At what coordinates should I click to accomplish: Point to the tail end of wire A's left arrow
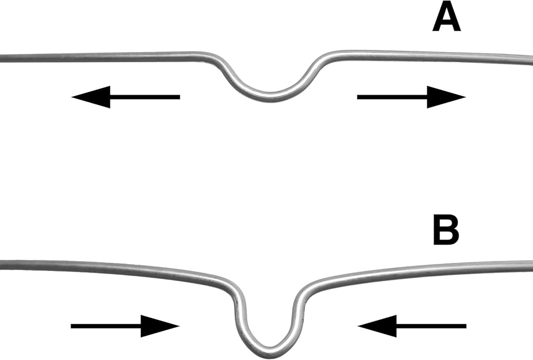tap(180, 97)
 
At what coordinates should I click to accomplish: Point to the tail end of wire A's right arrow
tap(358, 97)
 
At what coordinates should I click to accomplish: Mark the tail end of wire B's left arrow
tap(71, 326)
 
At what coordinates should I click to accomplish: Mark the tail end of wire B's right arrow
tap(466, 326)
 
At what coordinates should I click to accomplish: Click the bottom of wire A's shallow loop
tap(271, 97)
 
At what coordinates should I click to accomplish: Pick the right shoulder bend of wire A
tap(328, 56)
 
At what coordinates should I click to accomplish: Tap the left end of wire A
tap(1, 58)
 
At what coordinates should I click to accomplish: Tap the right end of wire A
tap(532, 60)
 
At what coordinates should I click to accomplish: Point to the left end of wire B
tap(1, 264)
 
